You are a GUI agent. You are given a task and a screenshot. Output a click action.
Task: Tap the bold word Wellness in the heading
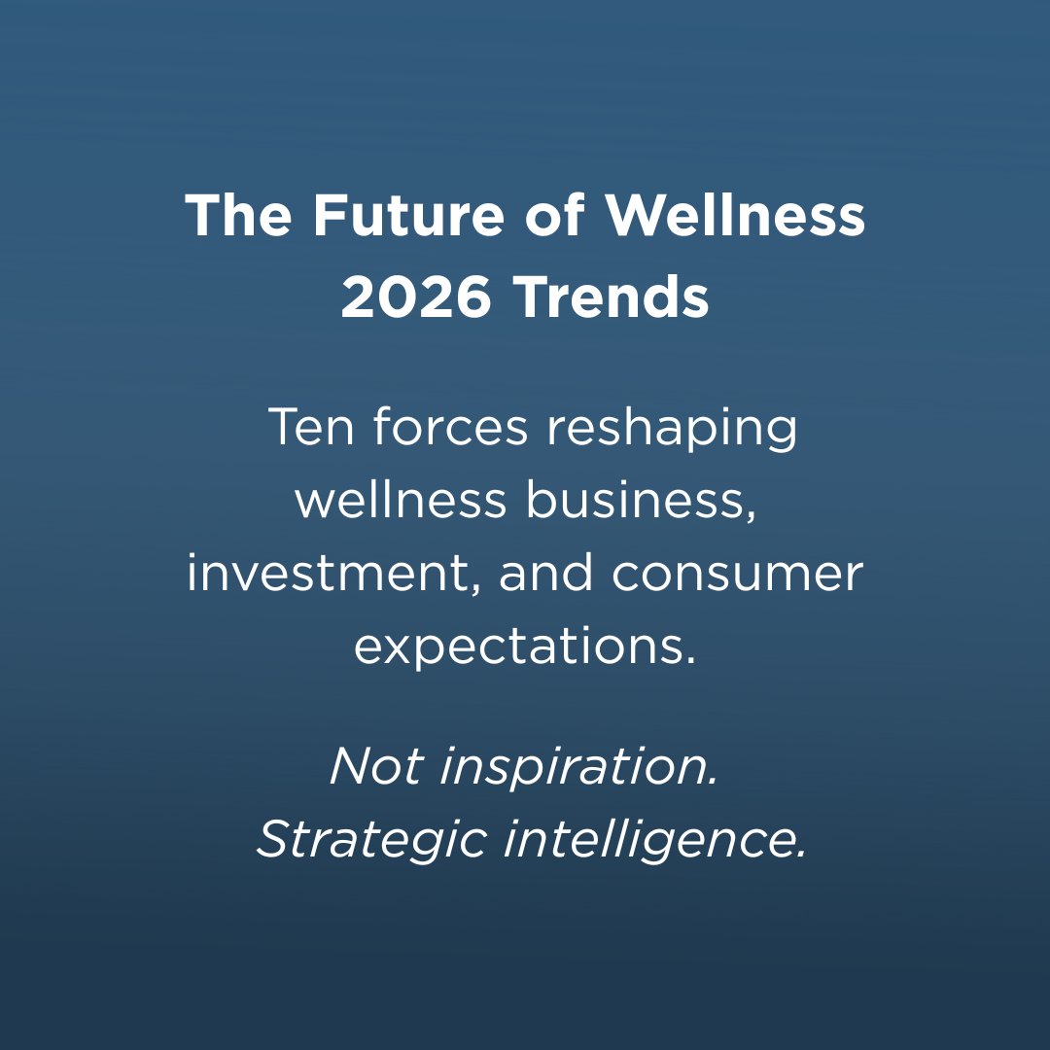tap(735, 217)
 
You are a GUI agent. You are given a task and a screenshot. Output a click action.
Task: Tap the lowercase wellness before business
tap(401, 500)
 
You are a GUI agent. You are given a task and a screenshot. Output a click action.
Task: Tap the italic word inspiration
tap(579, 769)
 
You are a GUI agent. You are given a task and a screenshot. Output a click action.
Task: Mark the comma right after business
tap(750, 515)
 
